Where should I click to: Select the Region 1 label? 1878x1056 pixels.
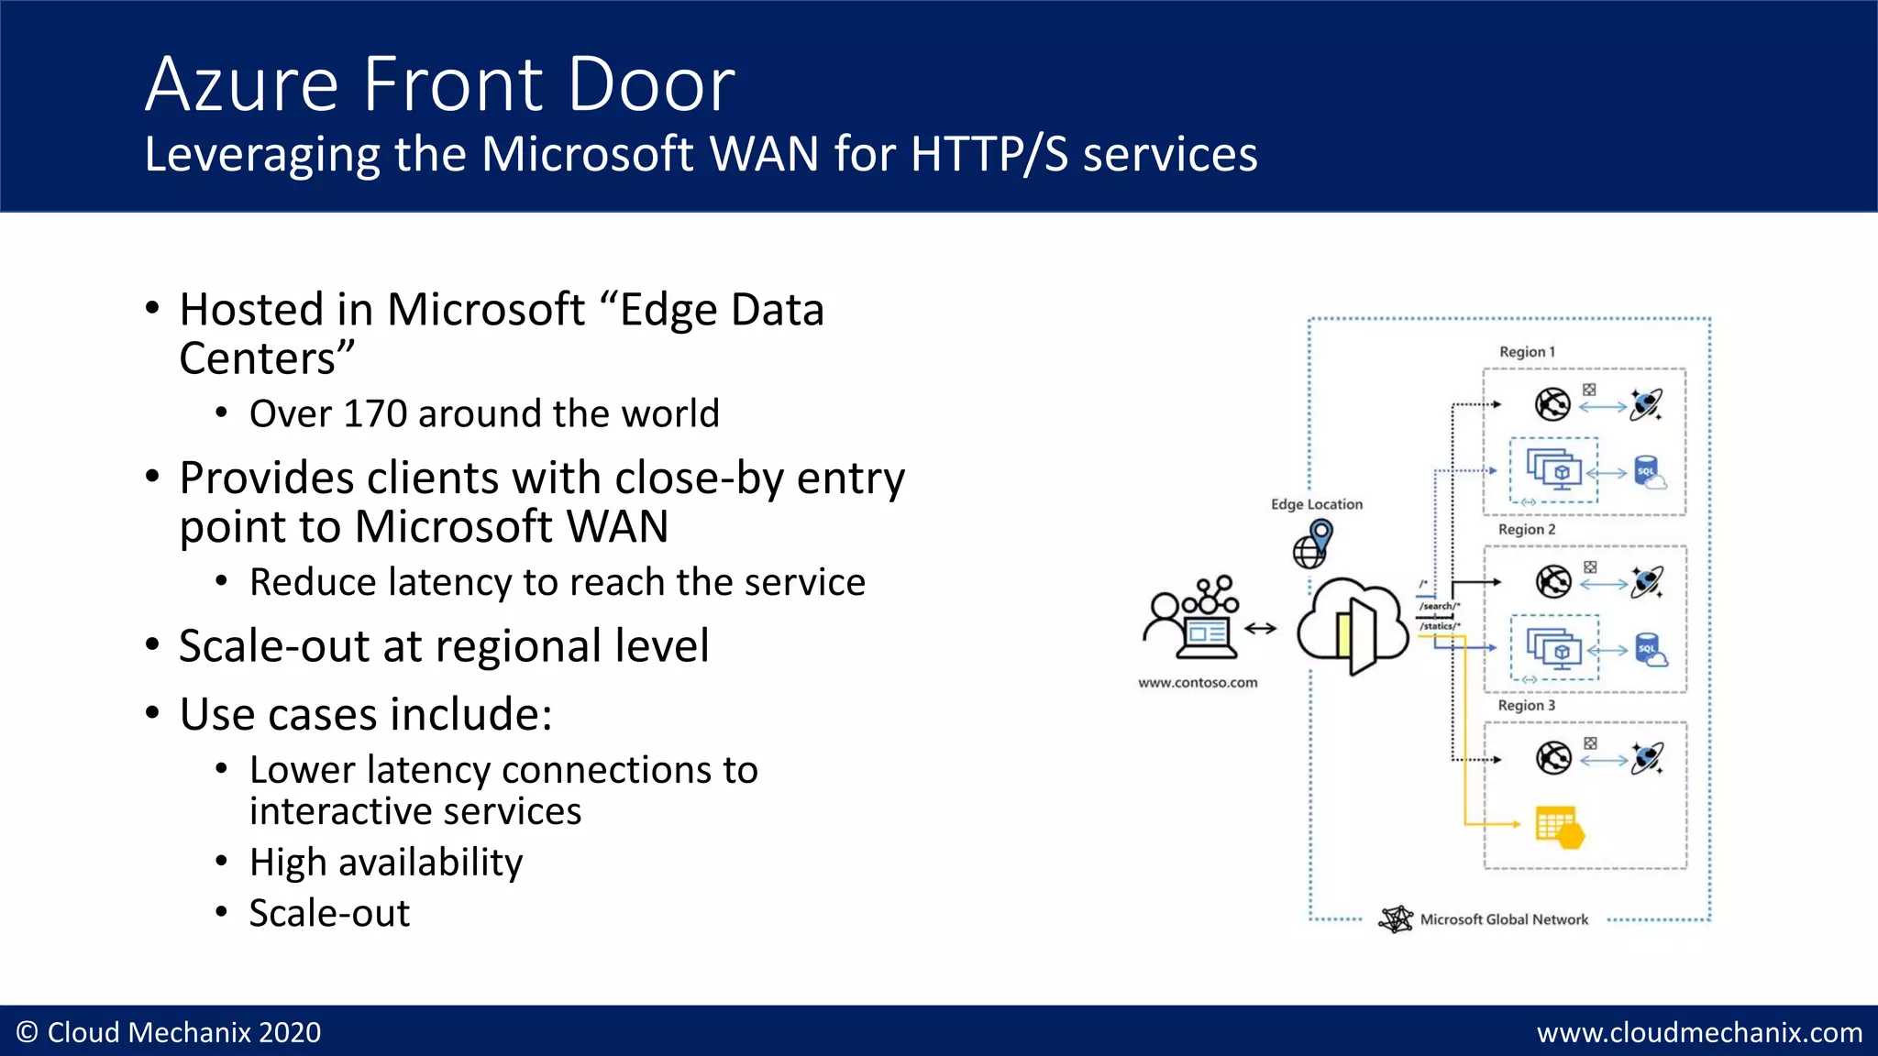pos(1527,352)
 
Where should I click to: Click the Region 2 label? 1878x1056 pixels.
pos(1527,530)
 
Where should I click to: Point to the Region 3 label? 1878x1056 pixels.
pos(1527,706)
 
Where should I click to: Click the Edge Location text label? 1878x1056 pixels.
pos(1317,504)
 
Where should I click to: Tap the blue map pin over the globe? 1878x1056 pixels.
pos(1321,533)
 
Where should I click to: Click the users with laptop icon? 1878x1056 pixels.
pos(1191,618)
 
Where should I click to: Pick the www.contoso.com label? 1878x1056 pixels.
pos(1198,683)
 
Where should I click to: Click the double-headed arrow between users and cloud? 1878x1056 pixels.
pos(1261,628)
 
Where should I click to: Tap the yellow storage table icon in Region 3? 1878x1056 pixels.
pos(1559,827)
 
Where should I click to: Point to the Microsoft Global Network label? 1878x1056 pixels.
pos(1504,919)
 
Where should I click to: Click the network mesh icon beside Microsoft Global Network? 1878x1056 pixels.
pos(1396,918)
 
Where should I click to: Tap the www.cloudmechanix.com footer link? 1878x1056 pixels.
pos(1699,1033)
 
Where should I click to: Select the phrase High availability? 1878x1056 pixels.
pos(386,863)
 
